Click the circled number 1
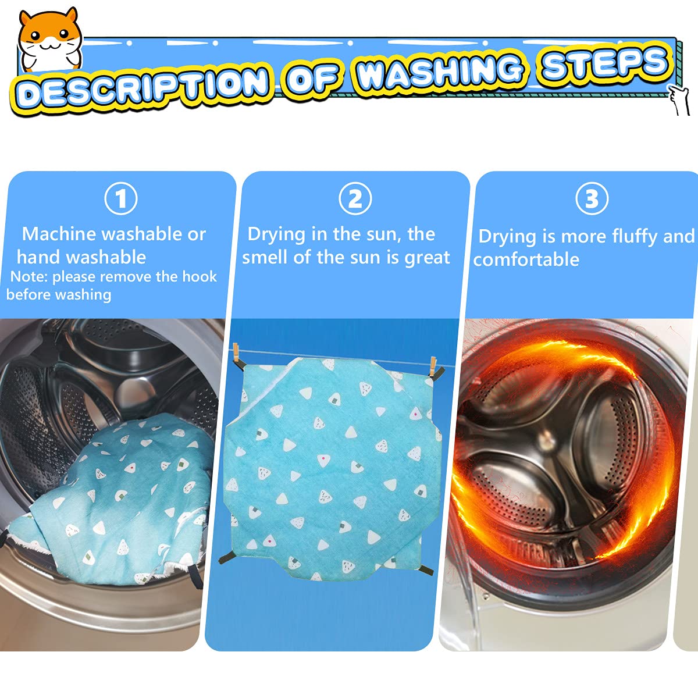(x=121, y=199)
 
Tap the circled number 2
(x=355, y=199)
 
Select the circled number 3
(x=592, y=198)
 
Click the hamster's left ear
(x=26, y=18)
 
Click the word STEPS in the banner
(x=605, y=62)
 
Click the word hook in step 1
(x=200, y=277)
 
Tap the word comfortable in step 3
(x=526, y=259)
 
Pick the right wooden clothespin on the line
(x=433, y=366)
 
